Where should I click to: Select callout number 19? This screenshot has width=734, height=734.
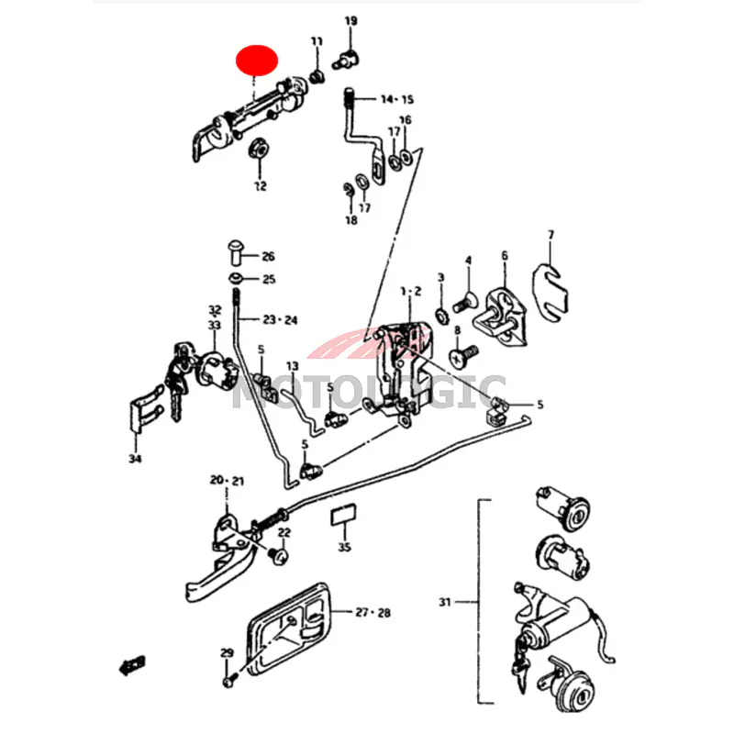click(351, 21)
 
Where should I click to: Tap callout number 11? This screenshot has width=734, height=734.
click(317, 41)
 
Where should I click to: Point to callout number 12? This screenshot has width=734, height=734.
click(260, 186)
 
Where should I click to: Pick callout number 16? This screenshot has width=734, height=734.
click(406, 121)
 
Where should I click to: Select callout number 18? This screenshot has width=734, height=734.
click(351, 220)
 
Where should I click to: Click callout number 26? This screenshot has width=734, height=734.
click(267, 257)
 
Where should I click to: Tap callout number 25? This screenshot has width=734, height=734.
click(268, 279)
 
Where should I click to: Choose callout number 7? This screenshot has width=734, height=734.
click(550, 236)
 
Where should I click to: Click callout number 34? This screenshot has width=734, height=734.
click(136, 459)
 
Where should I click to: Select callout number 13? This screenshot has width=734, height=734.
click(292, 367)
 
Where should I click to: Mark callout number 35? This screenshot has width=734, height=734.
click(344, 548)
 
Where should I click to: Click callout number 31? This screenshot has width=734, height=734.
click(445, 603)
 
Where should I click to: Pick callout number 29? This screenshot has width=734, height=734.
click(227, 653)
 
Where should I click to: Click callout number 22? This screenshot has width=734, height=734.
click(284, 533)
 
